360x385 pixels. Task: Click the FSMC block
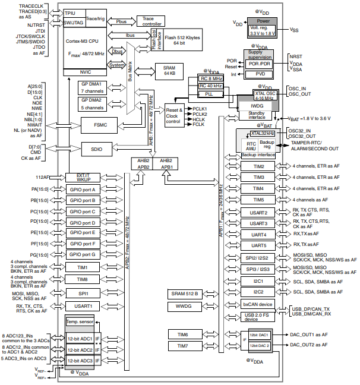click(97, 126)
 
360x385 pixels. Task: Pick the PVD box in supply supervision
click(259, 74)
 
